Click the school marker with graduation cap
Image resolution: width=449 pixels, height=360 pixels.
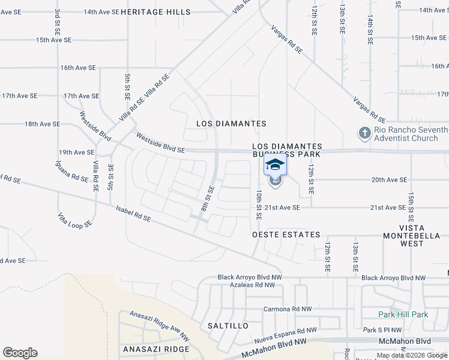tap(276, 165)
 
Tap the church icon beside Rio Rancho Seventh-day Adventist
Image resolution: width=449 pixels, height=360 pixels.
tap(365, 133)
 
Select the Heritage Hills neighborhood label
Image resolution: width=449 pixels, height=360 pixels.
tap(155, 12)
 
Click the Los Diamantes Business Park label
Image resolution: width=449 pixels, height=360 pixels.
tap(287, 151)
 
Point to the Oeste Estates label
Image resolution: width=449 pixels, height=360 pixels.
tap(286, 235)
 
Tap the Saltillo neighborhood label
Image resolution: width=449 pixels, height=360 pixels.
tap(228, 326)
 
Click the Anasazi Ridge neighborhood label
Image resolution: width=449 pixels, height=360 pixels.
tap(156, 349)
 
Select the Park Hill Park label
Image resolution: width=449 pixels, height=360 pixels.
tap(403, 314)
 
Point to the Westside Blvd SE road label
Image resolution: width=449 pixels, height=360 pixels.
tap(160, 143)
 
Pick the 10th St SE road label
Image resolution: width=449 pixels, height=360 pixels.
tap(259, 203)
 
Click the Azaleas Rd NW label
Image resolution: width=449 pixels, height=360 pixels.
tap(252, 286)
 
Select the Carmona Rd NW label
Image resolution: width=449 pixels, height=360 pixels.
tap(288, 310)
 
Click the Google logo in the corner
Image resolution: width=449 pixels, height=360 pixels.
tap(20, 353)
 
